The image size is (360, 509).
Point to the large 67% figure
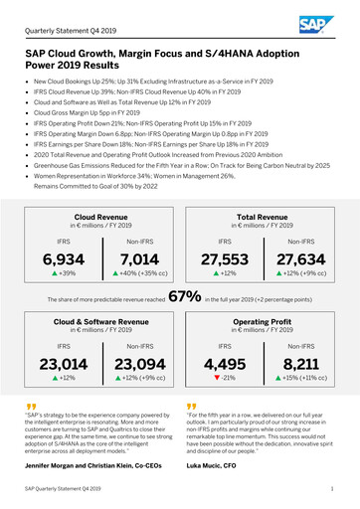[186, 295]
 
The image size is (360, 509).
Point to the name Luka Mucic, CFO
[213, 465]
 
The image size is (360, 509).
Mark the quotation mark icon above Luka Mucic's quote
[190, 407]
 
